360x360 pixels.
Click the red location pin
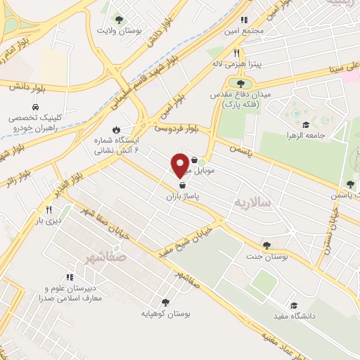point(180,165)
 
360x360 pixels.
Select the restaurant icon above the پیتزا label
point(237,53)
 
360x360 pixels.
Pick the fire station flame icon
point(126,131)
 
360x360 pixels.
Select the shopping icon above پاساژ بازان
point(183,185)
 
